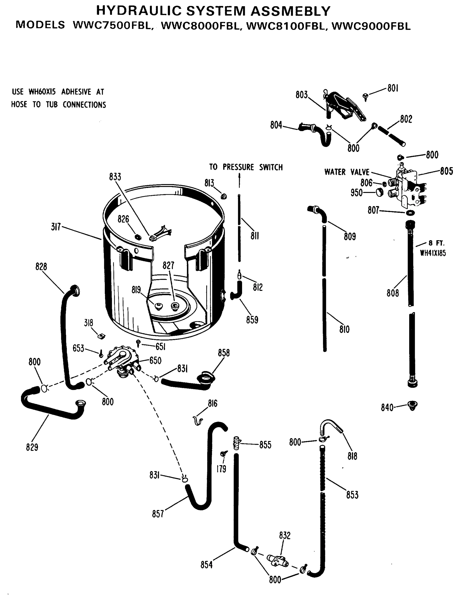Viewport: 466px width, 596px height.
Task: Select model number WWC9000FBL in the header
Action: [x=371, y=26]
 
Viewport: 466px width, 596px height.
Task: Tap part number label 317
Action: [x=56, y=227]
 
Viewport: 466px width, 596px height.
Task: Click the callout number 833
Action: [x=115, y=177]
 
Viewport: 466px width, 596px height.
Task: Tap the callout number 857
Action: [x=158, y=514]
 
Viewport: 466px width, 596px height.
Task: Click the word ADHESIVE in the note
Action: [x=76, y=92]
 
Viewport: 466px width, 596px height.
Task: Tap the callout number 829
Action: [x=32, y=447]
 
